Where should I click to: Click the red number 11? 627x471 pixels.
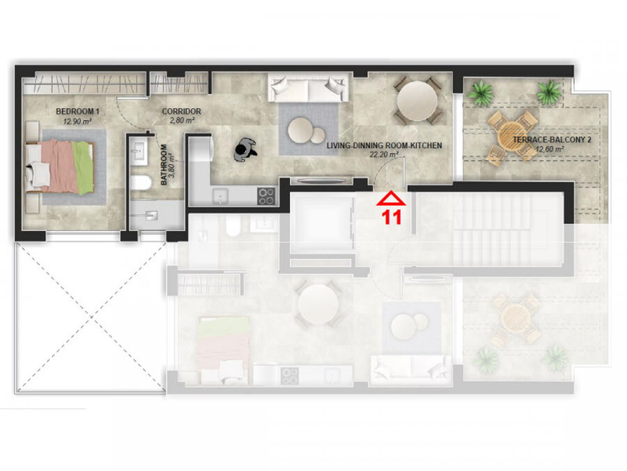pyautogui.click(x=392, y=218)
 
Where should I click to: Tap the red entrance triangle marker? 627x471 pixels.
pyautogui.click(x=391, y=199)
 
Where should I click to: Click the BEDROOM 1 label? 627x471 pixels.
pyautogui.click(x=77, y=112)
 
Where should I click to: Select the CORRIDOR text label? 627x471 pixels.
pyautogui.click(x=182, y=112)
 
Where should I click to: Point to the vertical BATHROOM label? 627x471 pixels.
pyautogui.click(x=164, y=165)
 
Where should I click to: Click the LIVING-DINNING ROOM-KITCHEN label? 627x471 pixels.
pyautogui.click(x=385, y=145)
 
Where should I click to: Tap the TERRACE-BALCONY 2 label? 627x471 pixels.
pyautogui.click(x=552, y=140)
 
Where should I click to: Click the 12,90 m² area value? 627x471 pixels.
pyautogui.click(x=77, y=121)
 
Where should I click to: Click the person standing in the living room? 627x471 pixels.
pyautogui.click(x=245, y=150)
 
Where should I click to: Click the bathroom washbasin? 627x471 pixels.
pyautogui.click(x=140, y=149)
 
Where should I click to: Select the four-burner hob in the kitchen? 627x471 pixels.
pyautogui.click(x=266, y=196)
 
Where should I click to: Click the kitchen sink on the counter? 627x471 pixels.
pyautogui.click(x=220, y=197)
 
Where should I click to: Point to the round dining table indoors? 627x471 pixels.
pyautogui.click(x=417, y=101)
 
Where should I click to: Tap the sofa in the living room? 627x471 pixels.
pyautogui.click(x=307, y=87)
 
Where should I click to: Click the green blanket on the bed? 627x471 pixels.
pyautogui.click(x=83, y=167)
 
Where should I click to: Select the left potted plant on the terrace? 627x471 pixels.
pyautogui.click(x=480, y=93)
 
